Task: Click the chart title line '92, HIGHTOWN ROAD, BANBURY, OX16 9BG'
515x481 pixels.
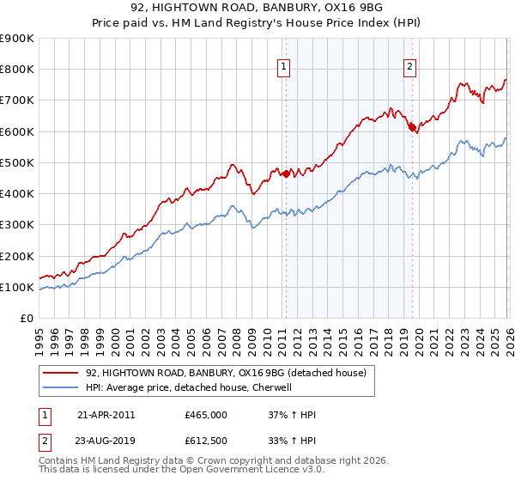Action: point(257,8)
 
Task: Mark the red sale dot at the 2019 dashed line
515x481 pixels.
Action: point(412,128)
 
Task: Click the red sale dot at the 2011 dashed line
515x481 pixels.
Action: point(286,174)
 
